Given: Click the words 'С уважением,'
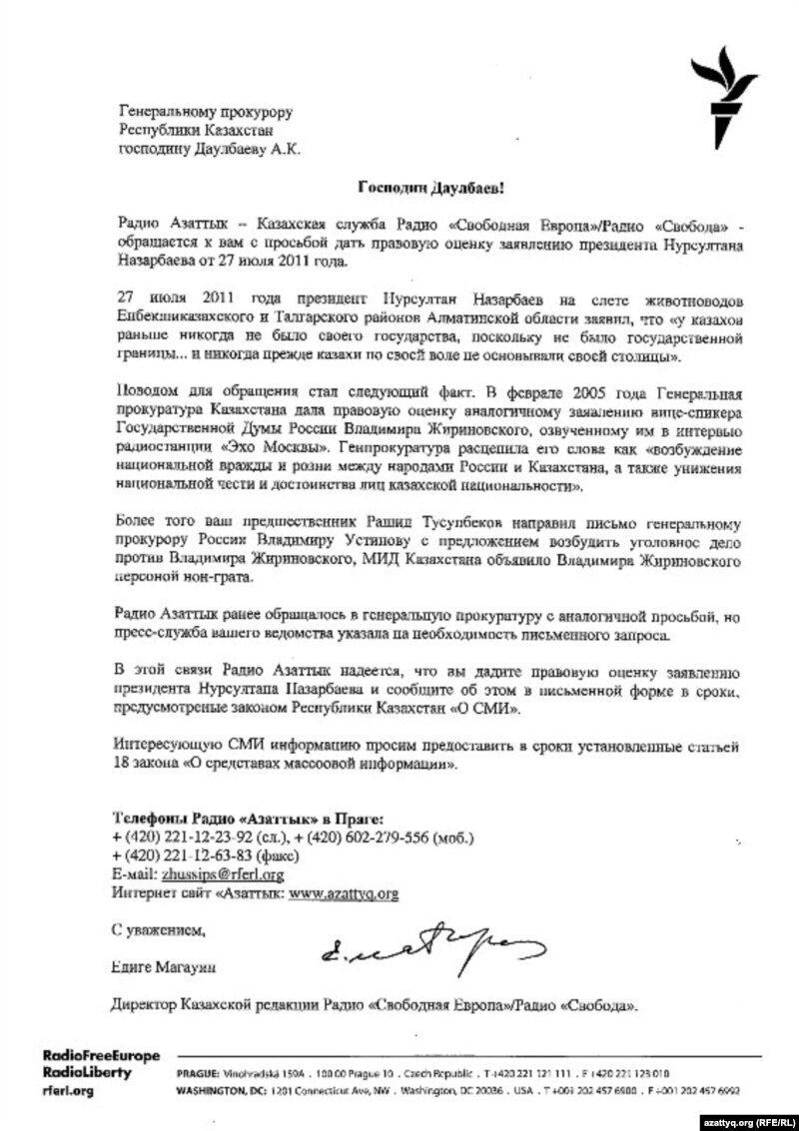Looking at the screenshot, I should pyautogui.click(x=159, y=930).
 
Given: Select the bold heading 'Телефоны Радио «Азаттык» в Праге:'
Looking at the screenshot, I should pyautogui.click(x=247, y=817).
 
